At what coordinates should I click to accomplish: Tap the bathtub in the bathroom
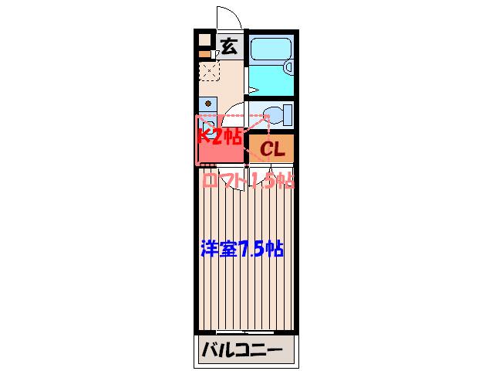pos(271,49)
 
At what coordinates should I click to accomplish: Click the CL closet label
pos(271,148)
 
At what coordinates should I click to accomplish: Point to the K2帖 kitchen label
pos(220,136)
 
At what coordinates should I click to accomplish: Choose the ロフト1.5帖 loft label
pos(248,180)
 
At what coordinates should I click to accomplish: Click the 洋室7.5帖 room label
pos(242,250)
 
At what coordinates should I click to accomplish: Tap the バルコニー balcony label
pos(241,350)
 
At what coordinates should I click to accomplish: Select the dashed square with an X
pos(209,71)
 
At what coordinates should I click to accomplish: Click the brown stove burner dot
pos(207,103)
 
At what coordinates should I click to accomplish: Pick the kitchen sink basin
pos(207,127)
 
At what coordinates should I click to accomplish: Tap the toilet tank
pos(288,115)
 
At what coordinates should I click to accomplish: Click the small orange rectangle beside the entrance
pos(204,54)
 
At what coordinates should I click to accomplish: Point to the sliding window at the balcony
pos(245,332)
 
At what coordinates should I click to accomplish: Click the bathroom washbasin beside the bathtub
pos(288,67)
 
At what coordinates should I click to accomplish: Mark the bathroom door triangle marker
pos(253,90)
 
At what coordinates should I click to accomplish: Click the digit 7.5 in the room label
pos(252,250)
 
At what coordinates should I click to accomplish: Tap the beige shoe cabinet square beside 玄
pos(204,40)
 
